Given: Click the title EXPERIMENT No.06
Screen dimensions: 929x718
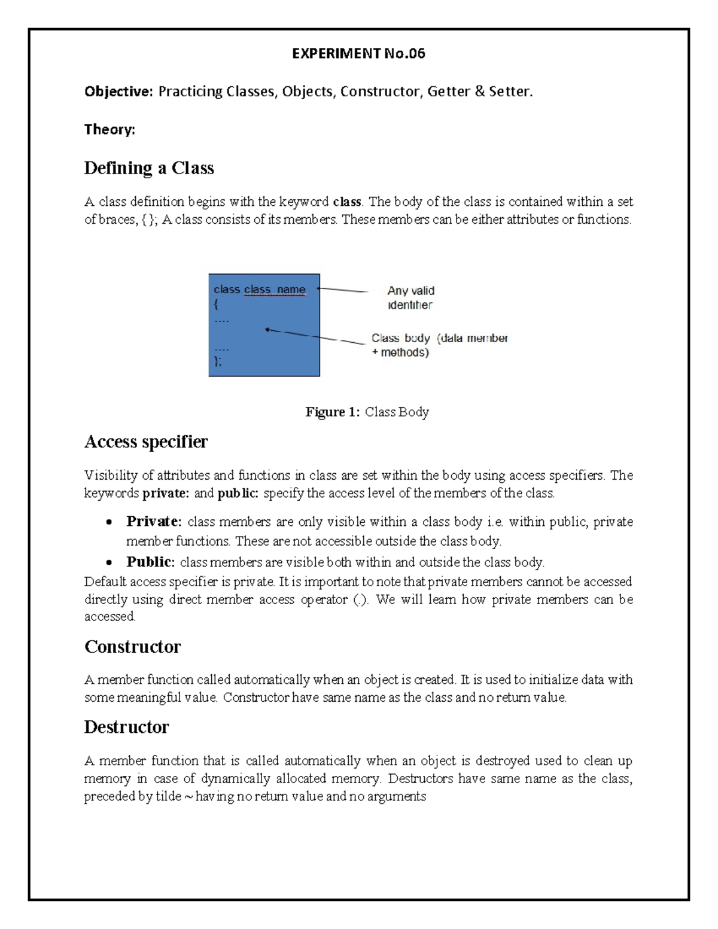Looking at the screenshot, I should point(358,54).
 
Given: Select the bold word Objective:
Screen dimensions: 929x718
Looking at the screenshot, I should point(118,92).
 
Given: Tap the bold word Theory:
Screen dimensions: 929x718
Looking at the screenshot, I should point(109,129).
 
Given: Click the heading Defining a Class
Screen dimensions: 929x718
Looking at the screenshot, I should point(149,168).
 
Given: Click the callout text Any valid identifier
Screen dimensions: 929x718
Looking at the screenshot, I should point(410,297).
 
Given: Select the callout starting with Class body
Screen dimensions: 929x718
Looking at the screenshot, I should point(439,345).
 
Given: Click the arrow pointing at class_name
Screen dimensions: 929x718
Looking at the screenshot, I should point(342,290).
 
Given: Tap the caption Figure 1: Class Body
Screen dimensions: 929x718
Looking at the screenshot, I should point(367,412).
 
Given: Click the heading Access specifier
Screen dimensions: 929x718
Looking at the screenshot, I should point(146,441).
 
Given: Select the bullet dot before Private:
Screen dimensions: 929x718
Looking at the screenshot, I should point(108,522).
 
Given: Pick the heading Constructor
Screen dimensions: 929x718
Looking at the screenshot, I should point(132,647).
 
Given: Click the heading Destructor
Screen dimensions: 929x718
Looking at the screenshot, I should point(126,727).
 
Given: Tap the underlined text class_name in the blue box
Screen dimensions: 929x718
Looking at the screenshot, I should point(275,290).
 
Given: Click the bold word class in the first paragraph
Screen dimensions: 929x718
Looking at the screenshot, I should point(346,202).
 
